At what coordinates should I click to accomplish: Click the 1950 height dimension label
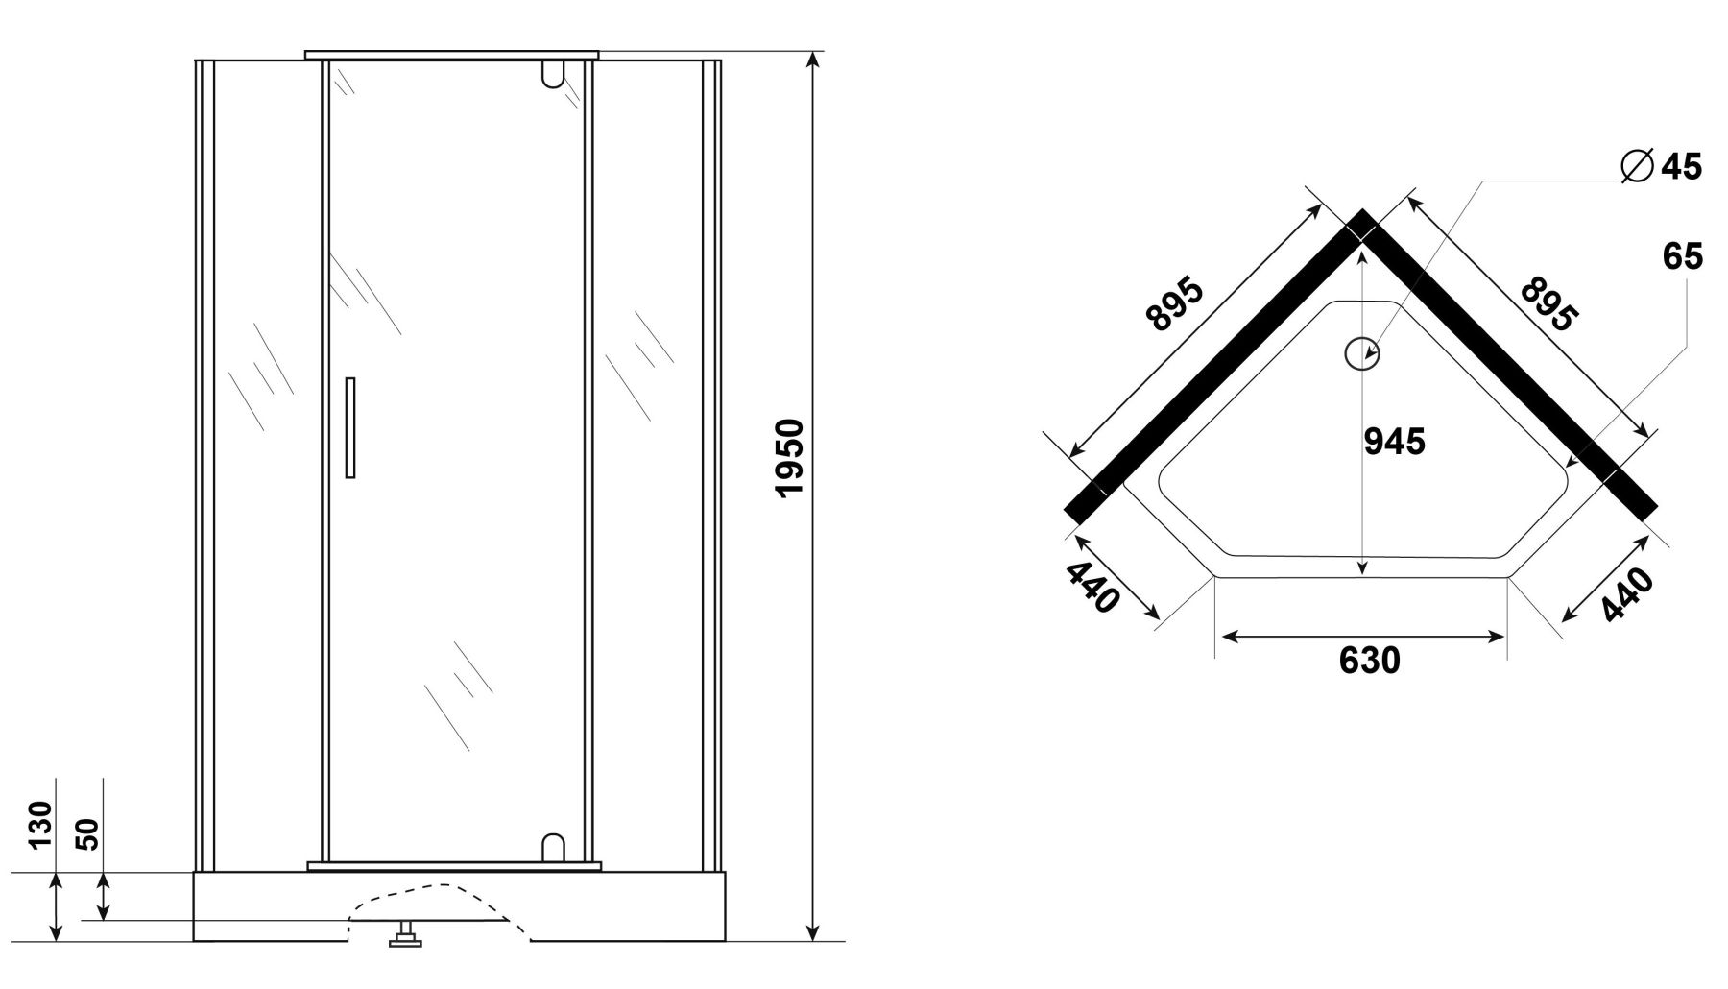(x=790, y=457)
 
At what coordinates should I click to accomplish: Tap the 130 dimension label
(x=40, y=825)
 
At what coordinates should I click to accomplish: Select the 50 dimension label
(x=87, y=833)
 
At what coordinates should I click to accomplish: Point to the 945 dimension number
(x=1395, y=441)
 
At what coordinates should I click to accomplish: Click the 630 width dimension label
(x=1369, y=660)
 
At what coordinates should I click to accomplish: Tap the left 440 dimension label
(x=1092, y=587)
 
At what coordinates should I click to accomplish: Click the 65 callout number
(x=1683, y=256)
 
